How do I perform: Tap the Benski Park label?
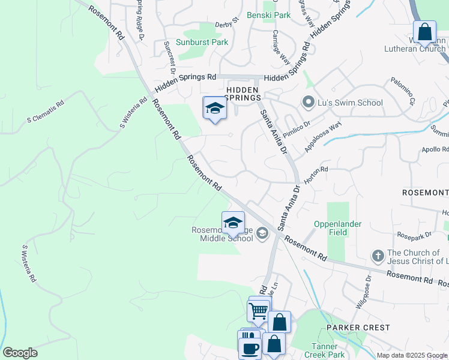tap(268, 15)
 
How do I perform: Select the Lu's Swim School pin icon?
tap(309, 102)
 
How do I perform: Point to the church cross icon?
tap(378, 256)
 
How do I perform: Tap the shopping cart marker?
tap(259, 311)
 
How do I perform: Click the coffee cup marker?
tap(250, 348)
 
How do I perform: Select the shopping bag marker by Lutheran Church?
tap(424, 32)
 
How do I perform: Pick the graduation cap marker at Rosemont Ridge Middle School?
tap(233, 223)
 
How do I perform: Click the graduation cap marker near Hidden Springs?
tap(214, 108)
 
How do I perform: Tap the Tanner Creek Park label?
tap(329, 350)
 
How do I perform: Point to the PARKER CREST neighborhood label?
tap(358, 328)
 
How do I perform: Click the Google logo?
tap(20, 353)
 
